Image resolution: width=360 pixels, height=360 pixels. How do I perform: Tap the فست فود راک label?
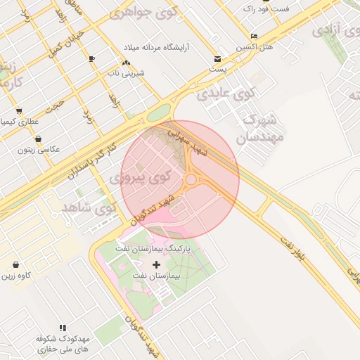266,9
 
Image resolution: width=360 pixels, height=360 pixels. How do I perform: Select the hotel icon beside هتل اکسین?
254,37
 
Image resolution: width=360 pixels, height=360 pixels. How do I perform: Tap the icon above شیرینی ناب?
126,63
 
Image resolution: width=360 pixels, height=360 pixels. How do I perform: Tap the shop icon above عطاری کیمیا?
18,111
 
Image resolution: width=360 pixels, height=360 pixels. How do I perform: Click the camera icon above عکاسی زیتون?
37,139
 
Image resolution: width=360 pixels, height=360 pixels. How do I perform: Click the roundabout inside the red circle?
191,181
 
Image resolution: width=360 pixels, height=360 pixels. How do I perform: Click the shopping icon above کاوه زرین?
15,265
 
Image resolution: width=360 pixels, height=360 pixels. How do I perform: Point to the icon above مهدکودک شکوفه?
63,328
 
